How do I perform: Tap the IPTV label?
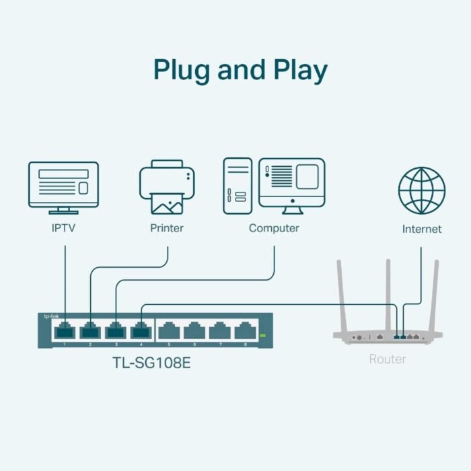pos(64,228)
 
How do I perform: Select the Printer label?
pos(167,228)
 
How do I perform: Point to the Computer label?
pos(274,228)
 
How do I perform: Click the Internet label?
pos(422,229)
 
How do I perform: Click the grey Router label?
pos(388,359)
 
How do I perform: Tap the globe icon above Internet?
pos(422,190)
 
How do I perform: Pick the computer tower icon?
pos(238,185)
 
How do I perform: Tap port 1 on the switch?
pos(65,331)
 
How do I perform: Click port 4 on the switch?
pos(141,331)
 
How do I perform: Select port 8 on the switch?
pos(246,331)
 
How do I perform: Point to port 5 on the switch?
pos(170,331)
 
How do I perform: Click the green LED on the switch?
pos(262,335)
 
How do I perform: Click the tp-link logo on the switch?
pos(50,316)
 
